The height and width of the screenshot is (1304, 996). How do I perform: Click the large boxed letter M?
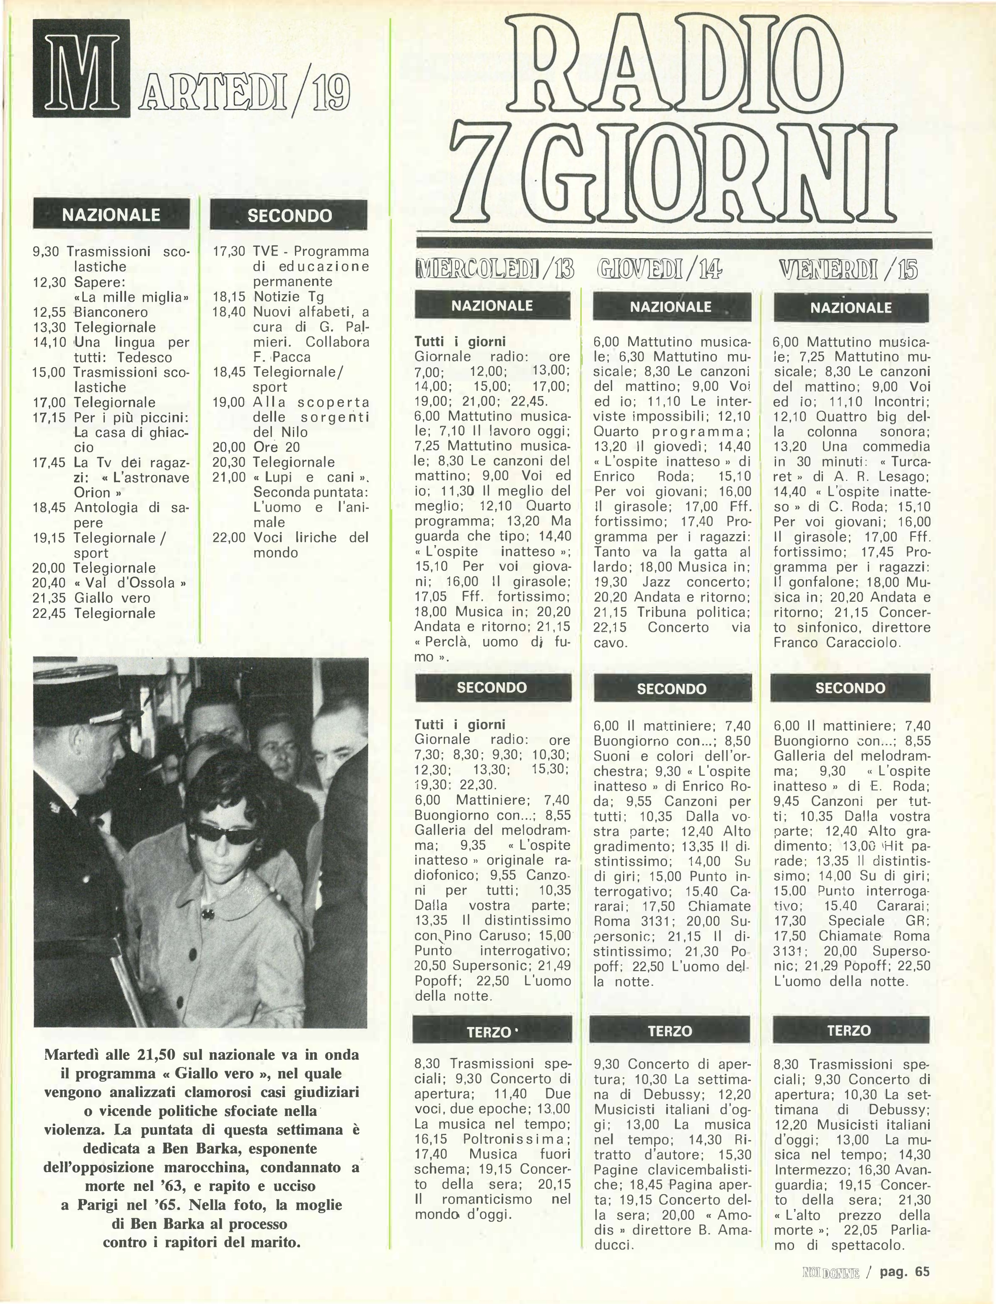(81, 68)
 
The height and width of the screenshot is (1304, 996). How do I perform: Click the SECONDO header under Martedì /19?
(289, 215)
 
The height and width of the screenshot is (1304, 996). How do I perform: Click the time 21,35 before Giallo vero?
(49, 598)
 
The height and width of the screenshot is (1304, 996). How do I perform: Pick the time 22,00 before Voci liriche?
(229, 538)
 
